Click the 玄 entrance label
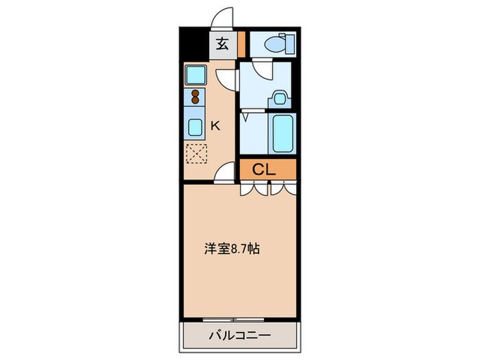click(223, 45)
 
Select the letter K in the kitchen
click(215, 125)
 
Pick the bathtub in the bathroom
click(282, 134)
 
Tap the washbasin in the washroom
click(278, 97)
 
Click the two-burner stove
click(195, 97)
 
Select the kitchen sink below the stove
click(195, 127)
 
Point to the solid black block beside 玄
click(195, 45)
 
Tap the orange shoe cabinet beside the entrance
click(241, 45)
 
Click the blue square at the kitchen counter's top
click(195, 73)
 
